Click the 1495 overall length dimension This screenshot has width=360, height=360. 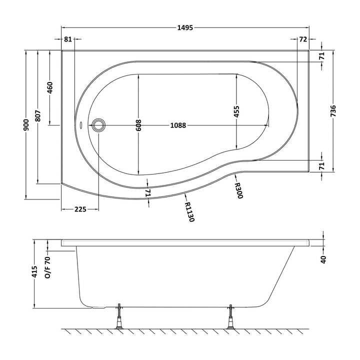click(185, 28)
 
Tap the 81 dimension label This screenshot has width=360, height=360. click(67, 39)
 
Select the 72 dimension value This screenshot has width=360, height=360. click(303, 39)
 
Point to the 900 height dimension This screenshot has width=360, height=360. click(26, 125)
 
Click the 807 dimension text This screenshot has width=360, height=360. click(38, 116)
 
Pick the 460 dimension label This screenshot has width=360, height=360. click(50, 87)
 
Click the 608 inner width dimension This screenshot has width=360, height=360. click(138, 125)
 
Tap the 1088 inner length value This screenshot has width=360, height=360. click(178, 125)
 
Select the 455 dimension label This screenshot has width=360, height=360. click(236, 111)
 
